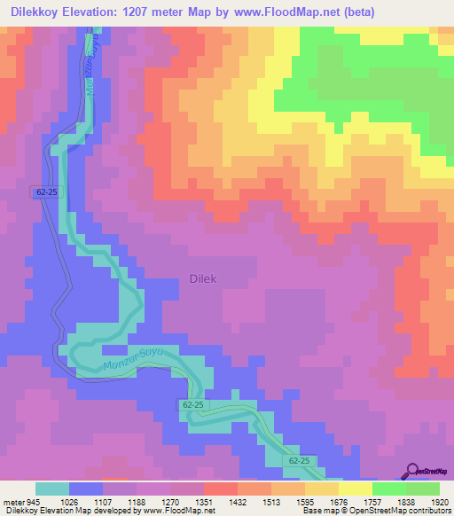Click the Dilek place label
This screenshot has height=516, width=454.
(x=203, y=278)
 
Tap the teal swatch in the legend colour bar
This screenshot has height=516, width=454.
(x=52, y=489)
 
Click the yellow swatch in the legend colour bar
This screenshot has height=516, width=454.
(x=355, y=489)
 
